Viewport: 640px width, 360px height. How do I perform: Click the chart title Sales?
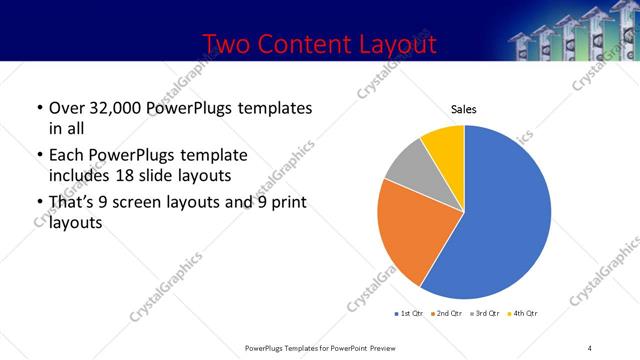[464, 108]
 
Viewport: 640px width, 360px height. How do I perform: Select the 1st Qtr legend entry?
[411, 314]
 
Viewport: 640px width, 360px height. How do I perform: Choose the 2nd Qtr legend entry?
[446, 314]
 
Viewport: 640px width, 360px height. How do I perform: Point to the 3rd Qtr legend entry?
[485, 314]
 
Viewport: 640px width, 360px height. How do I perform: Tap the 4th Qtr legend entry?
[524, 314]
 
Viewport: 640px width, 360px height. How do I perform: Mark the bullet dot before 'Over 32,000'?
[38, 108]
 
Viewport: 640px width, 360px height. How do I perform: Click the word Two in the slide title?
[226, 45]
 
